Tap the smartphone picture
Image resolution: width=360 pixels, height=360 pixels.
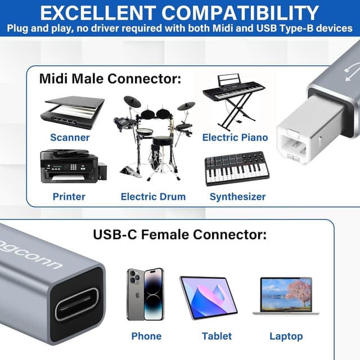click(x=145, y=294)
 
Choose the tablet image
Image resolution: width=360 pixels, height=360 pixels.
click(x=208, y=297)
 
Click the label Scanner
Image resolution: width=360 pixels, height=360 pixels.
click(x=70, y=137)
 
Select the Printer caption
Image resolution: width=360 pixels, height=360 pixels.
click(x=69, y=196)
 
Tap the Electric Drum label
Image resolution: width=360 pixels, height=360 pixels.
click(x=153, y=196)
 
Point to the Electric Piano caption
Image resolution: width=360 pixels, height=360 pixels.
click(x=235, y=137)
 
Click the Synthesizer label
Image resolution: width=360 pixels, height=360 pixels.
click(x=237, y=196)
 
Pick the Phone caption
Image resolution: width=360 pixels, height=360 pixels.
click(x=146, y=336)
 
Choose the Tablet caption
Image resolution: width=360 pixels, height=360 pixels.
click(x=217, y=336)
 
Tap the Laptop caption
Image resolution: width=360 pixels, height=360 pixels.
click(x=286, y=336)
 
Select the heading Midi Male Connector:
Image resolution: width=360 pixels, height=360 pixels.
click(x=110, y=78)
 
